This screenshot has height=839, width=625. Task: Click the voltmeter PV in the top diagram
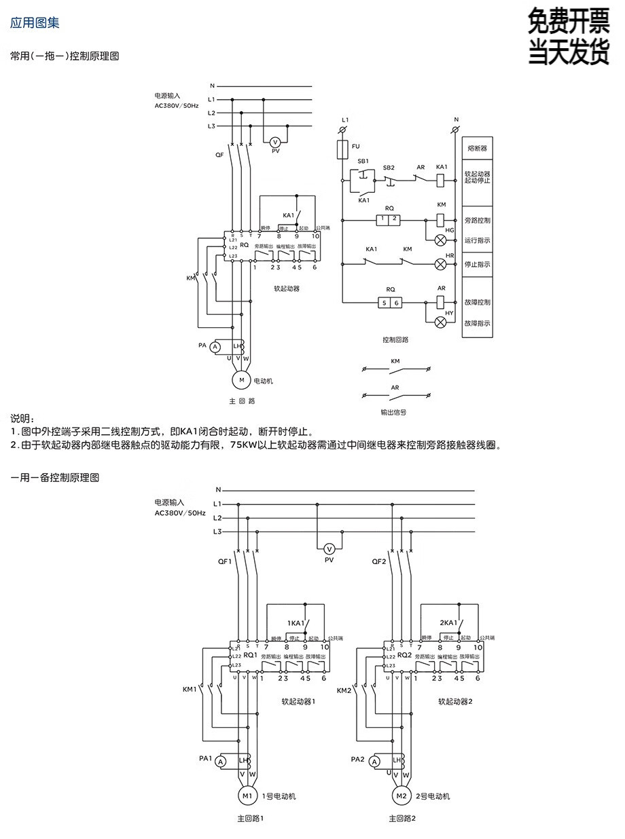tap(275, 141)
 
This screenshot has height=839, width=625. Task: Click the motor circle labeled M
tap(241, 380)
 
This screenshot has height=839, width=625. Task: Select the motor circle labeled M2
tap(401, 796)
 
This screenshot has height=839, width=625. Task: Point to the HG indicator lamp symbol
tap(440, 240)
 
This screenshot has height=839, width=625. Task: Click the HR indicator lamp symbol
tap(440, 263)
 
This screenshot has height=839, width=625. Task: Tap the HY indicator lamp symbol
tap(440, 321)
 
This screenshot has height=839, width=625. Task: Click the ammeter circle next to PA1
tap(220, 762)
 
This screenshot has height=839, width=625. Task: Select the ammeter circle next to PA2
tap(374, 762)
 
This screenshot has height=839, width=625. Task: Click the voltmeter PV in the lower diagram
tap(329, 548)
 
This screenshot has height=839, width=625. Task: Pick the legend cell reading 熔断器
tap(477, 147)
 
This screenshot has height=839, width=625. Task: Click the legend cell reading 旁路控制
tap(477, 221)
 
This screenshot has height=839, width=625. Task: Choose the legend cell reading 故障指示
tap(477, 324)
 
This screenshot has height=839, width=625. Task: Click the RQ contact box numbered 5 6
tap(390, 302)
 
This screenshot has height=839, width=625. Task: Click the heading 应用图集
tap(35, 22)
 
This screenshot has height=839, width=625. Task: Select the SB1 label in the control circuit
tap(363, 161)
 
